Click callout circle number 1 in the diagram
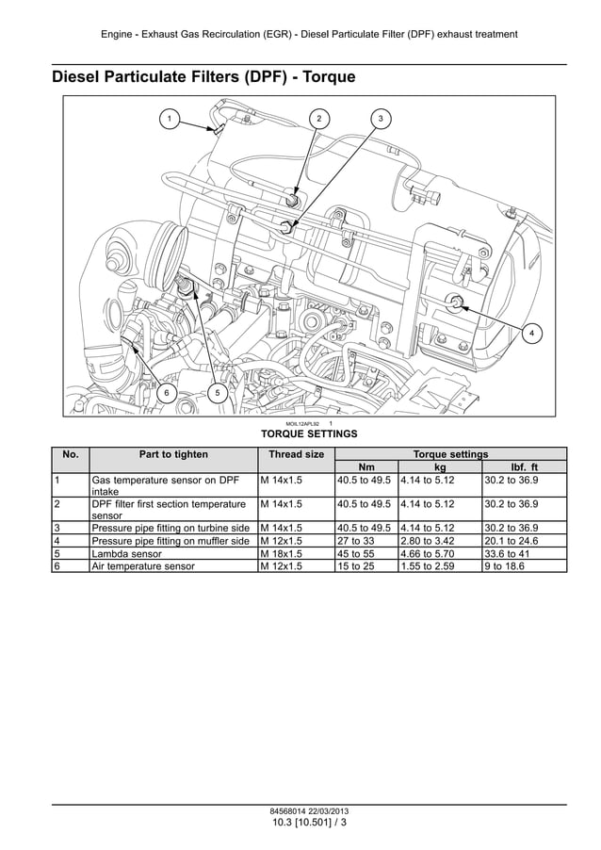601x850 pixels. coord(170,119)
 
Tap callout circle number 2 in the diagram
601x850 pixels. coord(319,119)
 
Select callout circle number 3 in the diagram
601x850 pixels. coord(380,119)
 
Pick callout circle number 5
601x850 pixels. coord(217,392)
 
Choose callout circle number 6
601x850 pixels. coord(167,392)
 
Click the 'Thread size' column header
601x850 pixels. coord(296,454)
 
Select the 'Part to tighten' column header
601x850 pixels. coord(173,454)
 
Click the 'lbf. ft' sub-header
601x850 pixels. coord(524,466)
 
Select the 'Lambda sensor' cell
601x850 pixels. coord(126,554)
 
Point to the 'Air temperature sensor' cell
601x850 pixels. coord(142,567)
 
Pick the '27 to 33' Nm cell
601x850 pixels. coord(355,541)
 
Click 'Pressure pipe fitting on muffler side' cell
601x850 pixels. coord(171,541)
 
